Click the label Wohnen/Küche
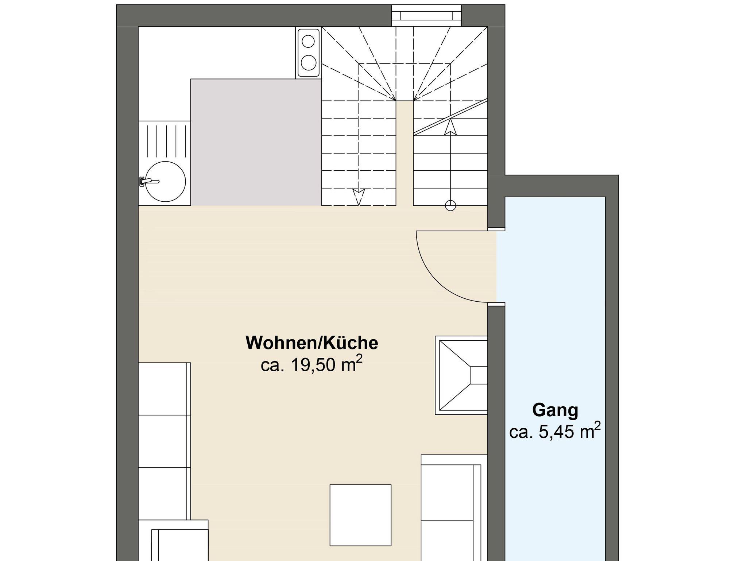pyautogui.click(x=312, y=343)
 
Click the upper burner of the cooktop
pyautogui.click(x=309, y=41)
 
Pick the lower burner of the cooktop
pyautogui.click(x=309, y=62)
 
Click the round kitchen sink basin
pyautogui.click(x=165, y=181)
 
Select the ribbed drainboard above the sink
pyautogui.click(x=165, y=141)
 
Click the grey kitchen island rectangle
pyautogui.click(x=256, y=142)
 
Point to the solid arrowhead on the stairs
pyautogui.click(x=451, y=127)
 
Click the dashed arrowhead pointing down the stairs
pyautogui.click(x=359, y=197)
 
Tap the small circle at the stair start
pyautogui.click(x=451, y=206)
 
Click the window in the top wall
pyautogui.click(x=426, y=16)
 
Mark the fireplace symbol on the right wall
pyautogui.click(x=461, y=375)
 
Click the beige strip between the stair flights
pyautogui.click(x=405, y=153)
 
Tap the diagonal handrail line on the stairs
pyautogui.click(x=451, y=117)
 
